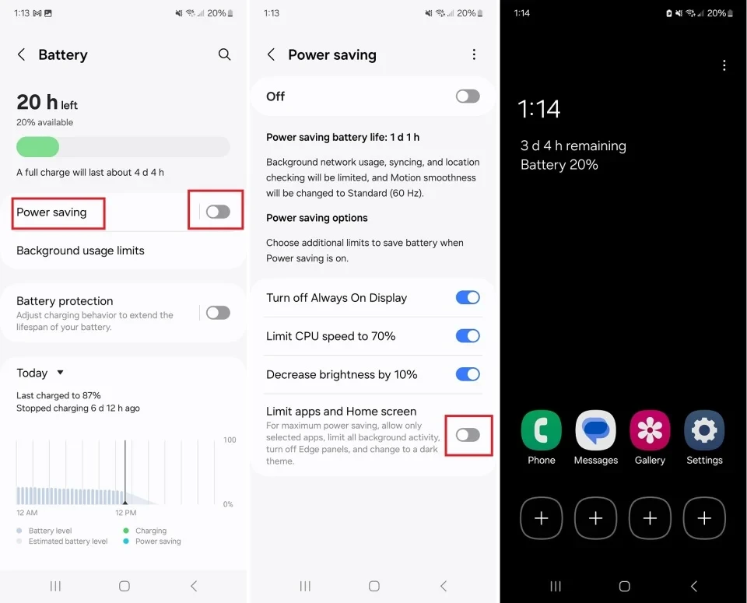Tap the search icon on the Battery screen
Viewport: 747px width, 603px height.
(x=224, y=54)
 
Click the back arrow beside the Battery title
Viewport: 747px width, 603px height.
(x=22, y=54)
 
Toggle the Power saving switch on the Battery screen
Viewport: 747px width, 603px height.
(x=218, y=212)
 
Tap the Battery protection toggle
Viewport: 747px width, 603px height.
(x=218, y=313)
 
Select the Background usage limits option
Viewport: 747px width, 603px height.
(x=80, y=251)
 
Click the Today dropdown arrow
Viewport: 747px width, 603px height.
(x=61, y=373)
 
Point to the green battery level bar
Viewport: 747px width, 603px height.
(x=38, y=147)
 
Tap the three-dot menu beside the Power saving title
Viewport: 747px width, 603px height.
(x=474, y=54)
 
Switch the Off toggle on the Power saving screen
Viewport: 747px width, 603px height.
(x=468, y=96)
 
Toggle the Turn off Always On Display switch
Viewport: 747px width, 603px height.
(x=468, y=297)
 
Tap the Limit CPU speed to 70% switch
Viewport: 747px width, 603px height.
(x=468, y=336)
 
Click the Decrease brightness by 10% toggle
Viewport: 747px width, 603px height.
(x=468, y=374)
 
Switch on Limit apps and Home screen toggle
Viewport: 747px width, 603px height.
(x=468, y=435)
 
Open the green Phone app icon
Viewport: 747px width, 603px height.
(x=542, y=430)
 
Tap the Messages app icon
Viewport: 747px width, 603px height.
(x=596, y=430)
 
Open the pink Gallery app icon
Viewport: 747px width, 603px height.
(x=650, y=430)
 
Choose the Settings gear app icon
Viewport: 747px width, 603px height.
(x=704, y=430)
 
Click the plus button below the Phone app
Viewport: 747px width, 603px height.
(x=542, y=518)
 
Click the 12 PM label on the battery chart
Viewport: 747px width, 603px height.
(x=125, y=513)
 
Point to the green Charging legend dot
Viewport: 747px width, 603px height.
(x=126, y=531)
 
